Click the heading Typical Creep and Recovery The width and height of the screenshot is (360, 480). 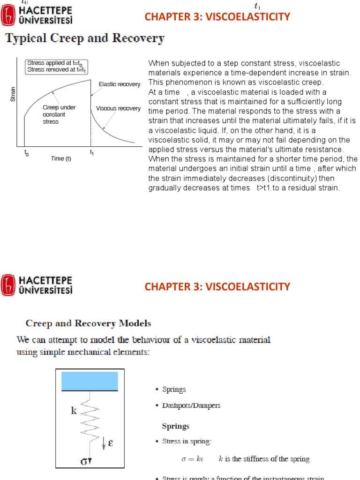pyautogui.click(x=85, y=38)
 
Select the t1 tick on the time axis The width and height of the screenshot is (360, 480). pyautogui.click(x=91, y=152)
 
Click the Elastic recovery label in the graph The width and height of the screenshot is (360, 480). pyautogui.click(x=120, y=84)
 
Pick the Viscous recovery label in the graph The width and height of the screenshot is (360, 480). pyautogui.click(x=118, y=108)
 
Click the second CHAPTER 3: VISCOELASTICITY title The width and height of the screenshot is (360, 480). pyautogui.click(x=217, y=286)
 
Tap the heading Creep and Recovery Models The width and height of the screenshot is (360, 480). pyautogui.click(x=88, y=323)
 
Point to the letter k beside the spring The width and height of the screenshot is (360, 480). pyautogui.click(x=74, y=411)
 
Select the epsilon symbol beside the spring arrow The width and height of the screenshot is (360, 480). pyautogui.click(x=111, y=442)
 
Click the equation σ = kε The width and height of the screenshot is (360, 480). pyautogui.click(x=193, y=459)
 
